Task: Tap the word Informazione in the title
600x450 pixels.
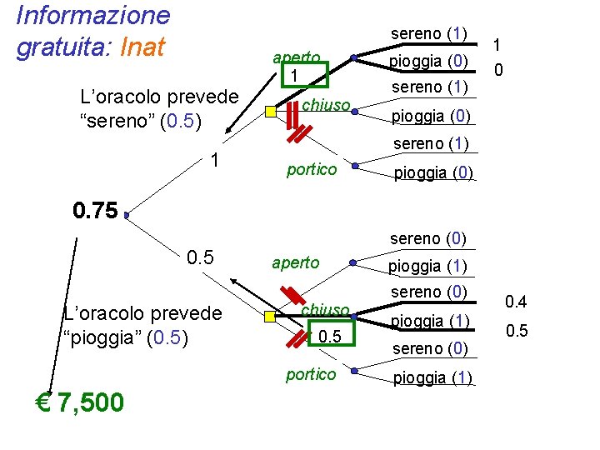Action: coord(93,14)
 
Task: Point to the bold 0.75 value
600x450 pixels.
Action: coord(95,210)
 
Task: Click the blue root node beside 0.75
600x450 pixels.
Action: coord(126,215)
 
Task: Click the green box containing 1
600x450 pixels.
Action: coord(294,75)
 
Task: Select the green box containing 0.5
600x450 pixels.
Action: coord(330,335)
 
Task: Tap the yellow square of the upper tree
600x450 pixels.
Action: coord(270,112)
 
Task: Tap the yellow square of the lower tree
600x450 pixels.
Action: coord(270,317)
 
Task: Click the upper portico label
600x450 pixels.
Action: coord(311,170)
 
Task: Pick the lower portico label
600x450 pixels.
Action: coord(311,374)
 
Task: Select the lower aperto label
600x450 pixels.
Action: coord(295,262)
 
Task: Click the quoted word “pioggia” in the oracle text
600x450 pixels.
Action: coord(101,337)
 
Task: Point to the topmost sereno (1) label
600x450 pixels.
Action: coord(427,34)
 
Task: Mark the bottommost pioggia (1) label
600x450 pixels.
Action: coord(432,378)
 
